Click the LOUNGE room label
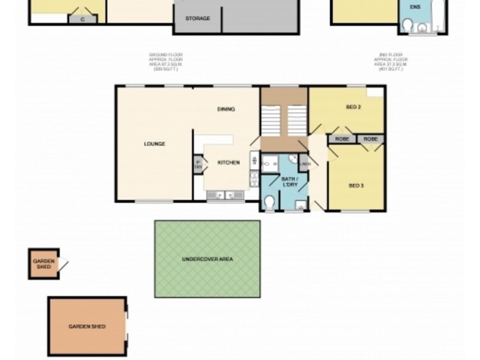(154, 144)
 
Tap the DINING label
(226, 109)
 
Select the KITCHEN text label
(228, 163)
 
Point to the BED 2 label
(353, 107)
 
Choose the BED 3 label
(356, 186)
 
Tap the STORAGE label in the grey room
(197, 19)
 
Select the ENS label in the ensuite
(415, 7)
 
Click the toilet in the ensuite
(407, 25)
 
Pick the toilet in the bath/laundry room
(269, 202)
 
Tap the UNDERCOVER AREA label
(207, 259)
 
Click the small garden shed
(44, 264)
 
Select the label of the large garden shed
(87, 327)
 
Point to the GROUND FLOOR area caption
(166, 62)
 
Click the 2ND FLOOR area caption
(391, 62)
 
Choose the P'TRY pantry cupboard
(198, 165)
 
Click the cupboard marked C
(82, 19)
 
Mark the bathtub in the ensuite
(438, 17)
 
